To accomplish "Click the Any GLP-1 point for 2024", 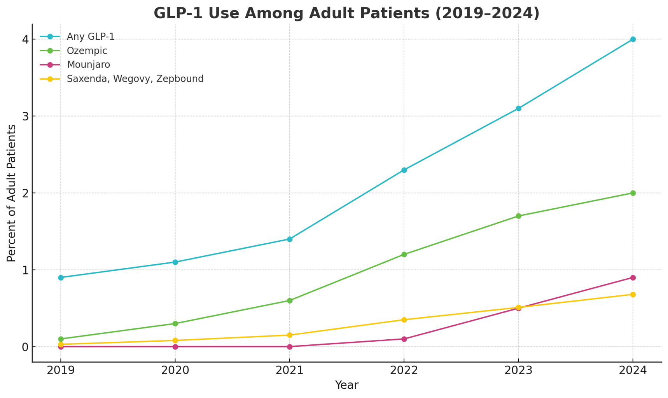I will tap(633, 39).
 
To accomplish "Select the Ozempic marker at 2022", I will tap(404, 255).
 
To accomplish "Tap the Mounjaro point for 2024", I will tap(633, 278).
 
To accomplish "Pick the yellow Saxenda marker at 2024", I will tap(633, 295).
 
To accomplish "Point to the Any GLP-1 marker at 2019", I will tap(61, 278).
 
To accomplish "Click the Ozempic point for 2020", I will tap(175, 323).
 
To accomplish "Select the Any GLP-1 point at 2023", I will tap(518, 108).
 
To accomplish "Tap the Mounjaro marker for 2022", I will tap(404, 339).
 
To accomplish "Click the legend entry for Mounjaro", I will tap(88, 65).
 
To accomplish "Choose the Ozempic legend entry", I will tap(87, 51).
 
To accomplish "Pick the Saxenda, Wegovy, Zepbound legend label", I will tap(135, 79).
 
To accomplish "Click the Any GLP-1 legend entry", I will tap(91, 37).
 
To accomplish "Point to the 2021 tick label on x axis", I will tap(289, 370).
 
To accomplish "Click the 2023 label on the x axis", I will tap(518, 370).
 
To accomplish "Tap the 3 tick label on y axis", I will tap(25, 116).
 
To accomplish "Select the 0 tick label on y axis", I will tap(25, 347).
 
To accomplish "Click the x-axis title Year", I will tap(346, 386).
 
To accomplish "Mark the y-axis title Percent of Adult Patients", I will tap(12, 193).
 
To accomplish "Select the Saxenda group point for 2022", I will tap(404, 320).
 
